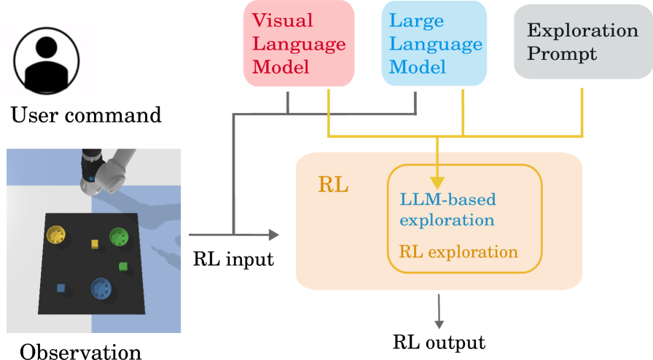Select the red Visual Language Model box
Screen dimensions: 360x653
pos(299,44)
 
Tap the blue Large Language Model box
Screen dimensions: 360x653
pos(434,44)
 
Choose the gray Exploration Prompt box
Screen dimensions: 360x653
pos(582,42)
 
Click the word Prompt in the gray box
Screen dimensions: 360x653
pos(562,54)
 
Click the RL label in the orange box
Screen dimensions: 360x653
pos(333,185)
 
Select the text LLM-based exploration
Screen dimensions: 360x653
pos(447,209)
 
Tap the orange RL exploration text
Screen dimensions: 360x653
pos(458,252)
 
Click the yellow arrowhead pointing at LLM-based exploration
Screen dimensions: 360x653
pos(437,181)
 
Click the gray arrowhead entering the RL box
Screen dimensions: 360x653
pos(273,235)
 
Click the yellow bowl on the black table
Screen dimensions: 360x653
pos(57,235)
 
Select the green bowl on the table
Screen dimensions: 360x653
pos(118,237)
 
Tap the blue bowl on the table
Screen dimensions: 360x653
pos(101,289)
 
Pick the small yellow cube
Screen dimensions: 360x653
pos(94,244)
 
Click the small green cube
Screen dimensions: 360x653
pos(123,267)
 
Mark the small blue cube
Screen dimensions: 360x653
pos(61,289)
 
